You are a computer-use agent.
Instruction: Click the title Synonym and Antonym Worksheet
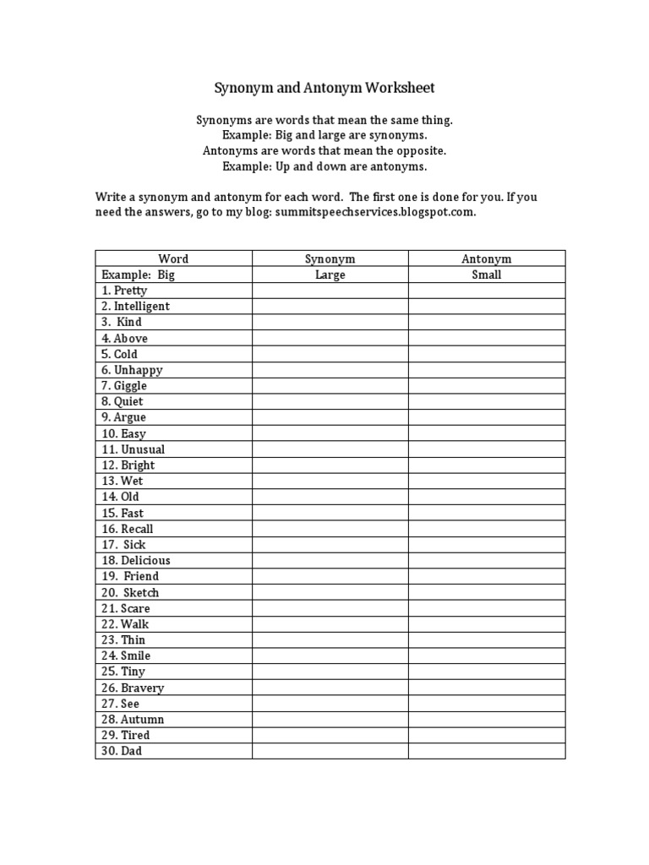coord(324,88)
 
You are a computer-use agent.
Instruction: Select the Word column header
coord(173,258)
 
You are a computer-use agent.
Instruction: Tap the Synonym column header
coord(330,258)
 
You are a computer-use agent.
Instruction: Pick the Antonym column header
coord(487,258)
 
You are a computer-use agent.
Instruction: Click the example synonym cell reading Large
coord(330,275)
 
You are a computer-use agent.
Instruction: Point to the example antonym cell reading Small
coord(487,275)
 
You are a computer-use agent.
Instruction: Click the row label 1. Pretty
coord(124,291)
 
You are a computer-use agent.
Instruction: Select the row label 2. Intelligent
coord(135,307)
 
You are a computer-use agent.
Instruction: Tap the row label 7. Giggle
coord(124,386)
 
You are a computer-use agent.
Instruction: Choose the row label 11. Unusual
coord(134,449)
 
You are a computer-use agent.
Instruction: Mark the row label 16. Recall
coord(128,529)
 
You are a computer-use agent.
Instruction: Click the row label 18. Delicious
coord(135,561)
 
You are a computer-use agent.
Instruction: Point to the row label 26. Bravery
coord(133,688)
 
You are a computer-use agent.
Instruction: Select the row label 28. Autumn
coord(133,720)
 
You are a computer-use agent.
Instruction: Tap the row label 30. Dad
coord(122,751)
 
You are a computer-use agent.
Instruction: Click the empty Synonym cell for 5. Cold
coord(330,354)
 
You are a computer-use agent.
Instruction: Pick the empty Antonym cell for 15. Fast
coord(487,513)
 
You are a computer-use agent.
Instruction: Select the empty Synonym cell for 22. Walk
coord(330,624)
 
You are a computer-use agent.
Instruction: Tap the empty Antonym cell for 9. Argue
coord(487,417)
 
